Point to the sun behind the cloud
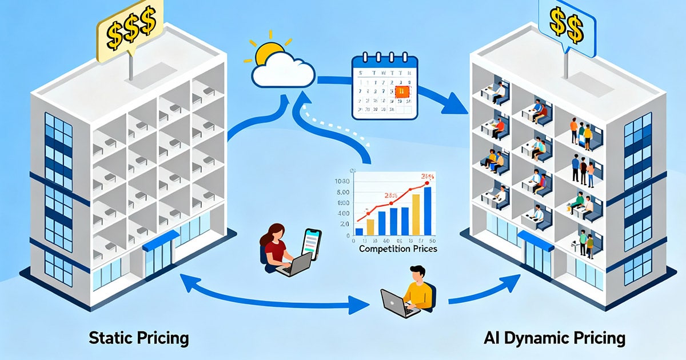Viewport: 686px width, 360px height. point(266,55)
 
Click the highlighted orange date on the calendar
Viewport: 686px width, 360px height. point(402,91)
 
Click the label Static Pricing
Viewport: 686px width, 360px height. point(139,338)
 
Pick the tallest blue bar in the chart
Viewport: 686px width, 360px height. point(428,211)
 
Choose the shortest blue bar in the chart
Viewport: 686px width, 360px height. point(359,231)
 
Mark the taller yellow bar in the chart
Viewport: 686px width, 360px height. point(416,214)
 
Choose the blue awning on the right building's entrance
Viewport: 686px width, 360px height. point(536,241)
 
